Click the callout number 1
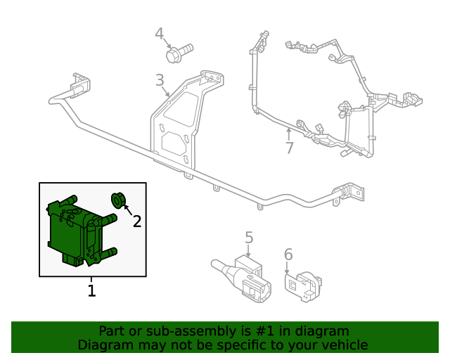[91, 290]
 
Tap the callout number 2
[137, 221]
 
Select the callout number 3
[160, 80]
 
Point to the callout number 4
[160, 34]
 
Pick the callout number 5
[249, 238]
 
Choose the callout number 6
[288, 255]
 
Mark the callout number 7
[289, 148]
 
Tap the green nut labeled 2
[118, 200]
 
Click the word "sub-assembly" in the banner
[169, 331]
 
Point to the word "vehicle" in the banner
[345, 345]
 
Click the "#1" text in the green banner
[258, 331]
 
